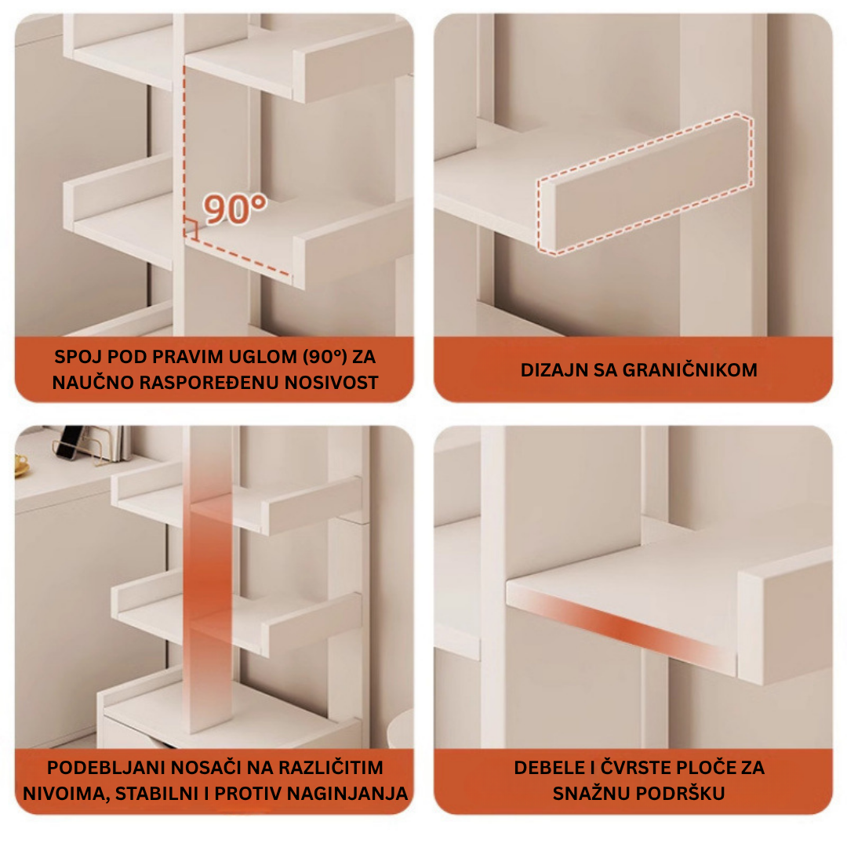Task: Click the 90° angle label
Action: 235,209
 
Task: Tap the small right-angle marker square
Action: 191,229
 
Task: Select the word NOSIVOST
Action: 331,383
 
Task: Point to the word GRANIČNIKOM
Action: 690,370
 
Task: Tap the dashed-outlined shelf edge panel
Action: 645,184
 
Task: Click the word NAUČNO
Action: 92,383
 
